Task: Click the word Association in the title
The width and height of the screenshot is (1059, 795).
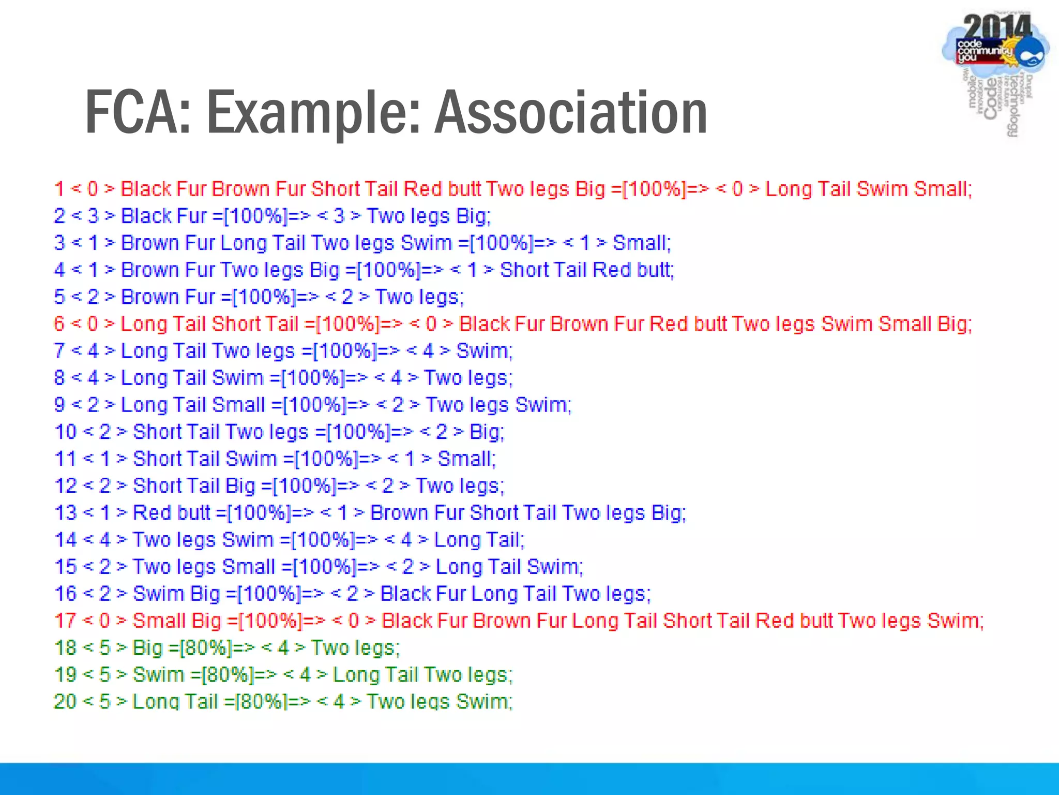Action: pos(571,112)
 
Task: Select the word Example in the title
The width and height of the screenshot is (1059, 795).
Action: pos(313,112)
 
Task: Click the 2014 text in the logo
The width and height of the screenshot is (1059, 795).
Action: pos(996,27)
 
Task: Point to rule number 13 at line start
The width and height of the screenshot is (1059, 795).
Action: pos(65,513)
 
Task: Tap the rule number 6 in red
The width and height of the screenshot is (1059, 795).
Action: pos(59,324)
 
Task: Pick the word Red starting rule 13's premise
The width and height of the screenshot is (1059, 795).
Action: pos(152,513)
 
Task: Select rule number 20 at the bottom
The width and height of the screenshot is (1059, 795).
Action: pos(65,702)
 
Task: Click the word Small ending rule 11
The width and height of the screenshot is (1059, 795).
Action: pos(466,459)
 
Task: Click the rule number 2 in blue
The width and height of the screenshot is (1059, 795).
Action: pos(59,216)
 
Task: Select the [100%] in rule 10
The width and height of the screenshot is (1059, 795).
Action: pos(358,432)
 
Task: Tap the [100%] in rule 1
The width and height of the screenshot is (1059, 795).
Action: pos(654,189)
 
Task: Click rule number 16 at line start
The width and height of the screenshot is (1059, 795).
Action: pos(65,594)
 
